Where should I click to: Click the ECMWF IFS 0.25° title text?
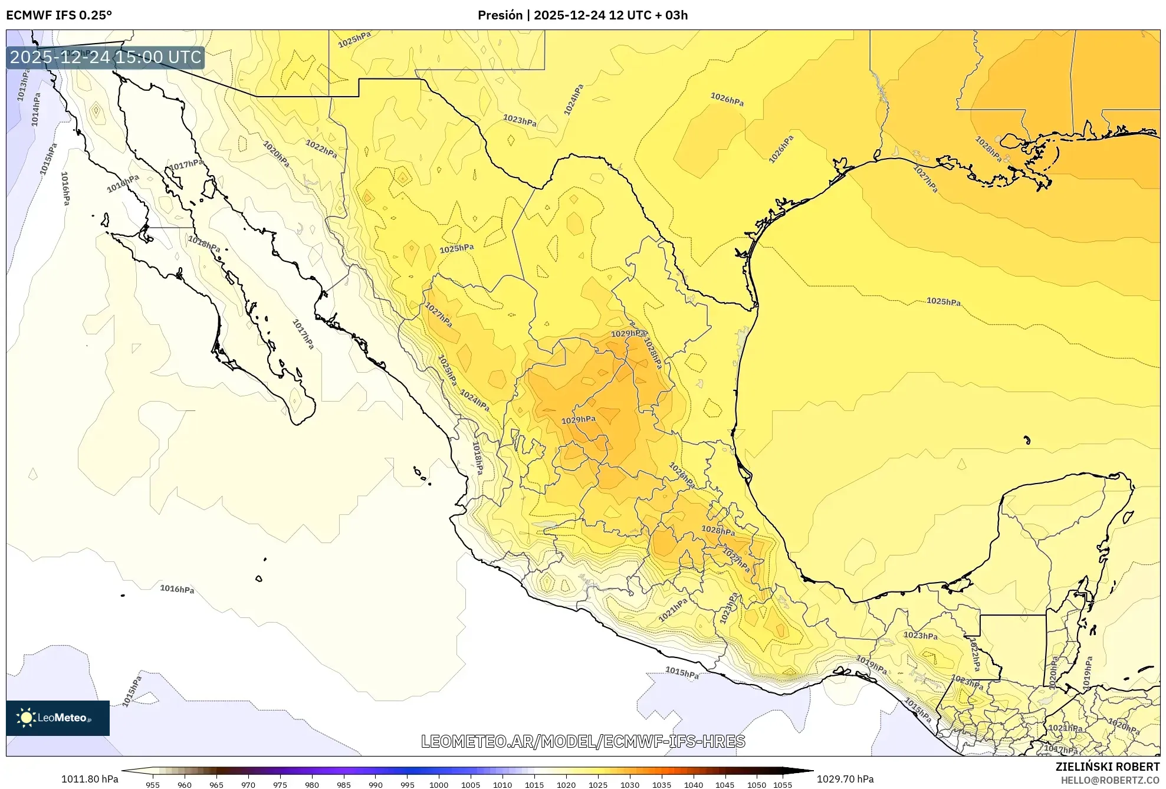(x=58, y=15)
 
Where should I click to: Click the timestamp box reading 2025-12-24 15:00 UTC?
(x=106, y=57)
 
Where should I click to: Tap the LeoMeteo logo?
(x=57, y=718)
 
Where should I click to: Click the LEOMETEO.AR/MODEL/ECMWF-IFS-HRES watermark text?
(x=583, y=741)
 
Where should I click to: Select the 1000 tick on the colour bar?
(x=439, y=784)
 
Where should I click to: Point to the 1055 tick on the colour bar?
(x=782, y=784)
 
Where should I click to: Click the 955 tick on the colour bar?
(x=153, y=784)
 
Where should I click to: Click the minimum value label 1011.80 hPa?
(x=90, y=779)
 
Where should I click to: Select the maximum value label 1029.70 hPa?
(x=845, y=779)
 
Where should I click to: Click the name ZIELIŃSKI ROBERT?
(x=1107, y=767)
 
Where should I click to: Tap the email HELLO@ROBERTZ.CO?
(x=1110, y=780)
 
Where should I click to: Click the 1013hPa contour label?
(x=23, y=85)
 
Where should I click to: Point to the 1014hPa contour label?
(x=36, y=109)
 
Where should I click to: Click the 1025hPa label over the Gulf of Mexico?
(x=943, y=301)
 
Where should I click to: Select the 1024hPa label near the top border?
(x=573, y=100)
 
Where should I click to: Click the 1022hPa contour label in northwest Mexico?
(x=321, y=149)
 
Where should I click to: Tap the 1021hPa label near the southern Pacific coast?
(x=673, y=610)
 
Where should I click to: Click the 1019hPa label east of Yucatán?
(x=1088, y=672)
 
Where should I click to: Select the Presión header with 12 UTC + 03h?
(x=582, y=15)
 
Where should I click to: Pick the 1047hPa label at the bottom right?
(x=1060, y=749)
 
